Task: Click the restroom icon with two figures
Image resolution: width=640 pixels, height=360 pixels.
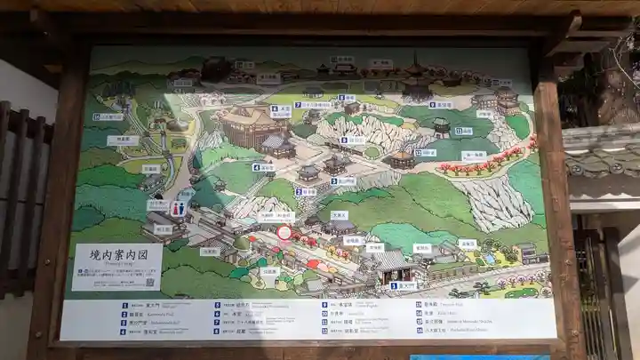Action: coord(178,209)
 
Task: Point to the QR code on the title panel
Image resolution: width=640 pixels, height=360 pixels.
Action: coord(149,282)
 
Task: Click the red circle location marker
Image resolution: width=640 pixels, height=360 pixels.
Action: coord(284,233)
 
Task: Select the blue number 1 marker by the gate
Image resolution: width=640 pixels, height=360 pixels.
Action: coord(393,286)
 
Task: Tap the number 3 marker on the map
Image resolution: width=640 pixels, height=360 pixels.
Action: coord(334,181)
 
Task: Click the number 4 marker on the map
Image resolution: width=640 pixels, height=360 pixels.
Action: coord(255,167)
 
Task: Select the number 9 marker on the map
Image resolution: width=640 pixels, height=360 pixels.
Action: coord(432,104)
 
